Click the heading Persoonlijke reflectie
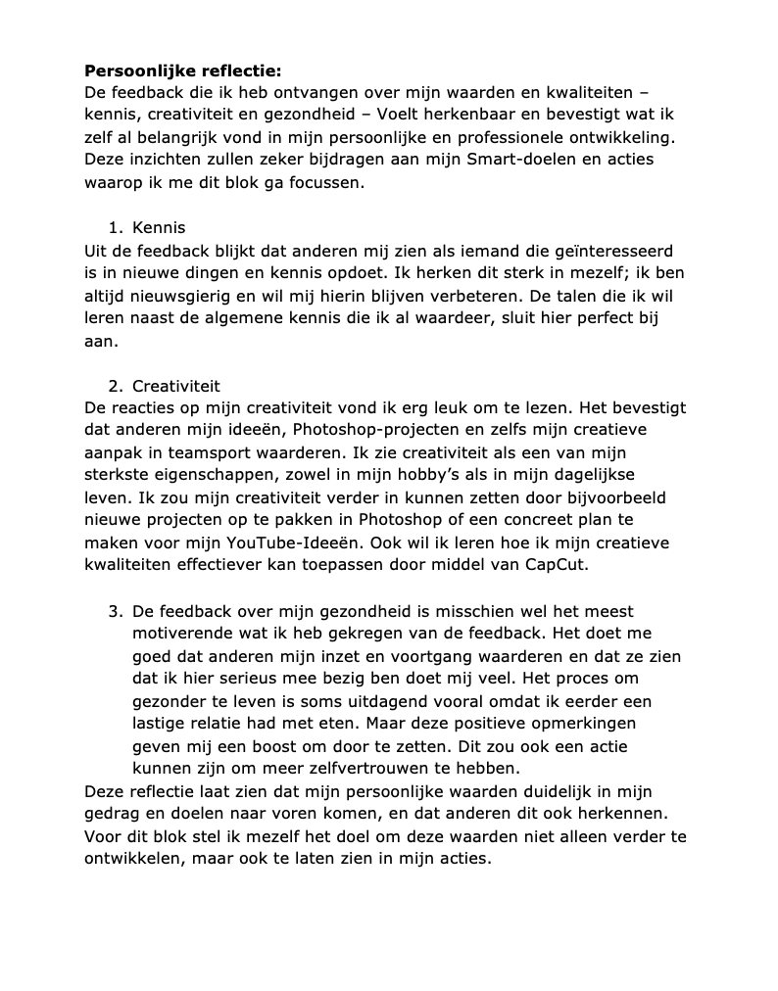(182, 71)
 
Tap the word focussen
(317, 182)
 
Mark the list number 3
(114, 612)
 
